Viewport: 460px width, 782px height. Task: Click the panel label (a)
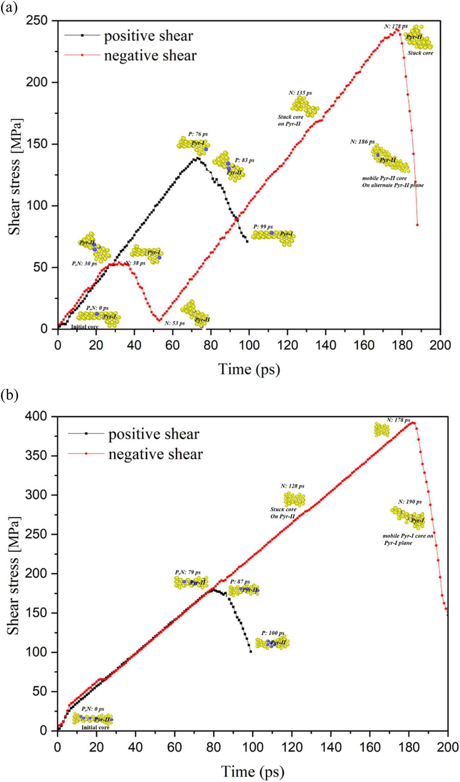pyautogui.click(x=8, y=7)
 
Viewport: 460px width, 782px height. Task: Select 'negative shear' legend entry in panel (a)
pyautogui.click(x=150, y=56)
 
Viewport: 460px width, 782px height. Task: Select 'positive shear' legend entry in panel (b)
pyautogui.click(x=154, y=434)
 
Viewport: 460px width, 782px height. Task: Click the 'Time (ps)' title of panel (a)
pyautogui.click(x=249, y=369)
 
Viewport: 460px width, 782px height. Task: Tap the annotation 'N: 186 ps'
pyautogui.click(x=362, y=142)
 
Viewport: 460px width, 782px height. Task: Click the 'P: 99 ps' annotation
pyautogui.click(x=263, y=226)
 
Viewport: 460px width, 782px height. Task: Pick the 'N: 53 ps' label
pyautogui.click(x=174, y=323)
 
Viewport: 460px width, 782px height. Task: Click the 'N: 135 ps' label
pyautogui.click(x=300, y=93)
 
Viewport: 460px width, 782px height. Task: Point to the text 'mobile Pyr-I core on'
pyautogui.click(x=408, y=536)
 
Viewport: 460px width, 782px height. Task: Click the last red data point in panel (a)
pyautogui.click(x=417, y=225)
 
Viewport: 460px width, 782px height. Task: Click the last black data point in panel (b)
pyautogui.click(x=251, y=651)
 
